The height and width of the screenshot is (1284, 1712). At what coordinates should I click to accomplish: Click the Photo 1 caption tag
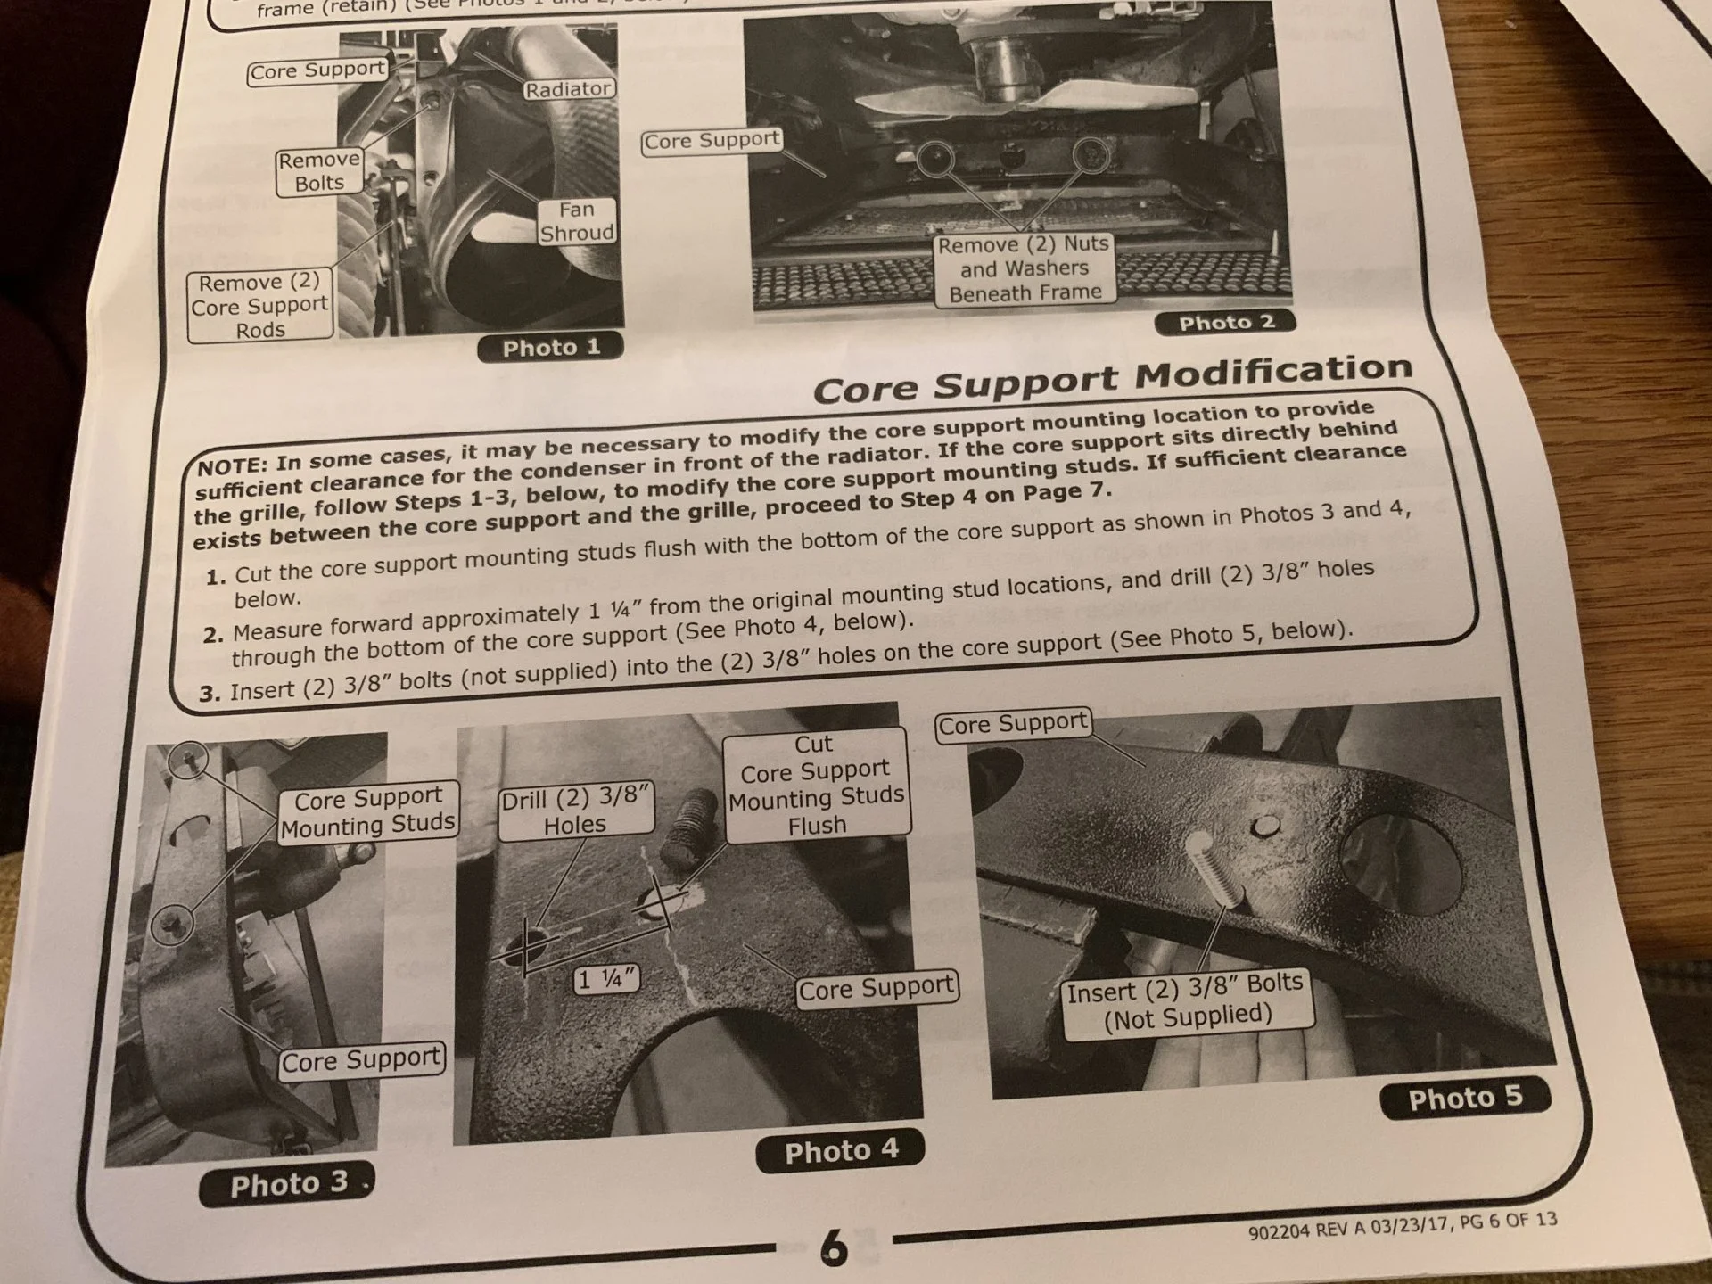click(x=550, y=348)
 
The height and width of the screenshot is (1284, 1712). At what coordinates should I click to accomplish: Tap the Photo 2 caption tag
click(x=1226, y=323)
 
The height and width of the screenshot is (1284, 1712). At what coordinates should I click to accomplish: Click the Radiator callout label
click(x=568, y=89)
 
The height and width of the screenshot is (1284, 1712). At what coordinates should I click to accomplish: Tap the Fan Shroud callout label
click(x=576, y=221)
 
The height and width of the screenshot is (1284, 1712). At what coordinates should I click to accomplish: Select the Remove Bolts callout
click(x=319, y=171)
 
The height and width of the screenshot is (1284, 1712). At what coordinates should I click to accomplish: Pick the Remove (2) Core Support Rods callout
click(x=260, y=306)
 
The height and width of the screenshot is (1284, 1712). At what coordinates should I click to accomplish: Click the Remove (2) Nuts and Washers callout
click(x=1024, y=268)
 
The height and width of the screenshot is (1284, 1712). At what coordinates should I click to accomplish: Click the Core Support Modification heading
click(x=1112, y=378)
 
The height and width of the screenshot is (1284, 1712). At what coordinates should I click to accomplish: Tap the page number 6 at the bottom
click(x=833, y=1247)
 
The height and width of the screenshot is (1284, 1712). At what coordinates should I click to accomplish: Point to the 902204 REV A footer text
click(x=1403, y=1225)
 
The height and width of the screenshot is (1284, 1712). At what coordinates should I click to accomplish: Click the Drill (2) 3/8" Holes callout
click(x=576, y=811)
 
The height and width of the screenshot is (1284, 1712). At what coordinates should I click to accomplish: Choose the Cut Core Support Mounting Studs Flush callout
click(x=816, y=785)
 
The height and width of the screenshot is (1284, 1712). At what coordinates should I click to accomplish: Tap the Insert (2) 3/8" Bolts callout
click(x=1186, y=1003)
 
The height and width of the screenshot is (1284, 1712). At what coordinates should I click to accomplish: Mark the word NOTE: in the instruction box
click(x=231, y=465)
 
